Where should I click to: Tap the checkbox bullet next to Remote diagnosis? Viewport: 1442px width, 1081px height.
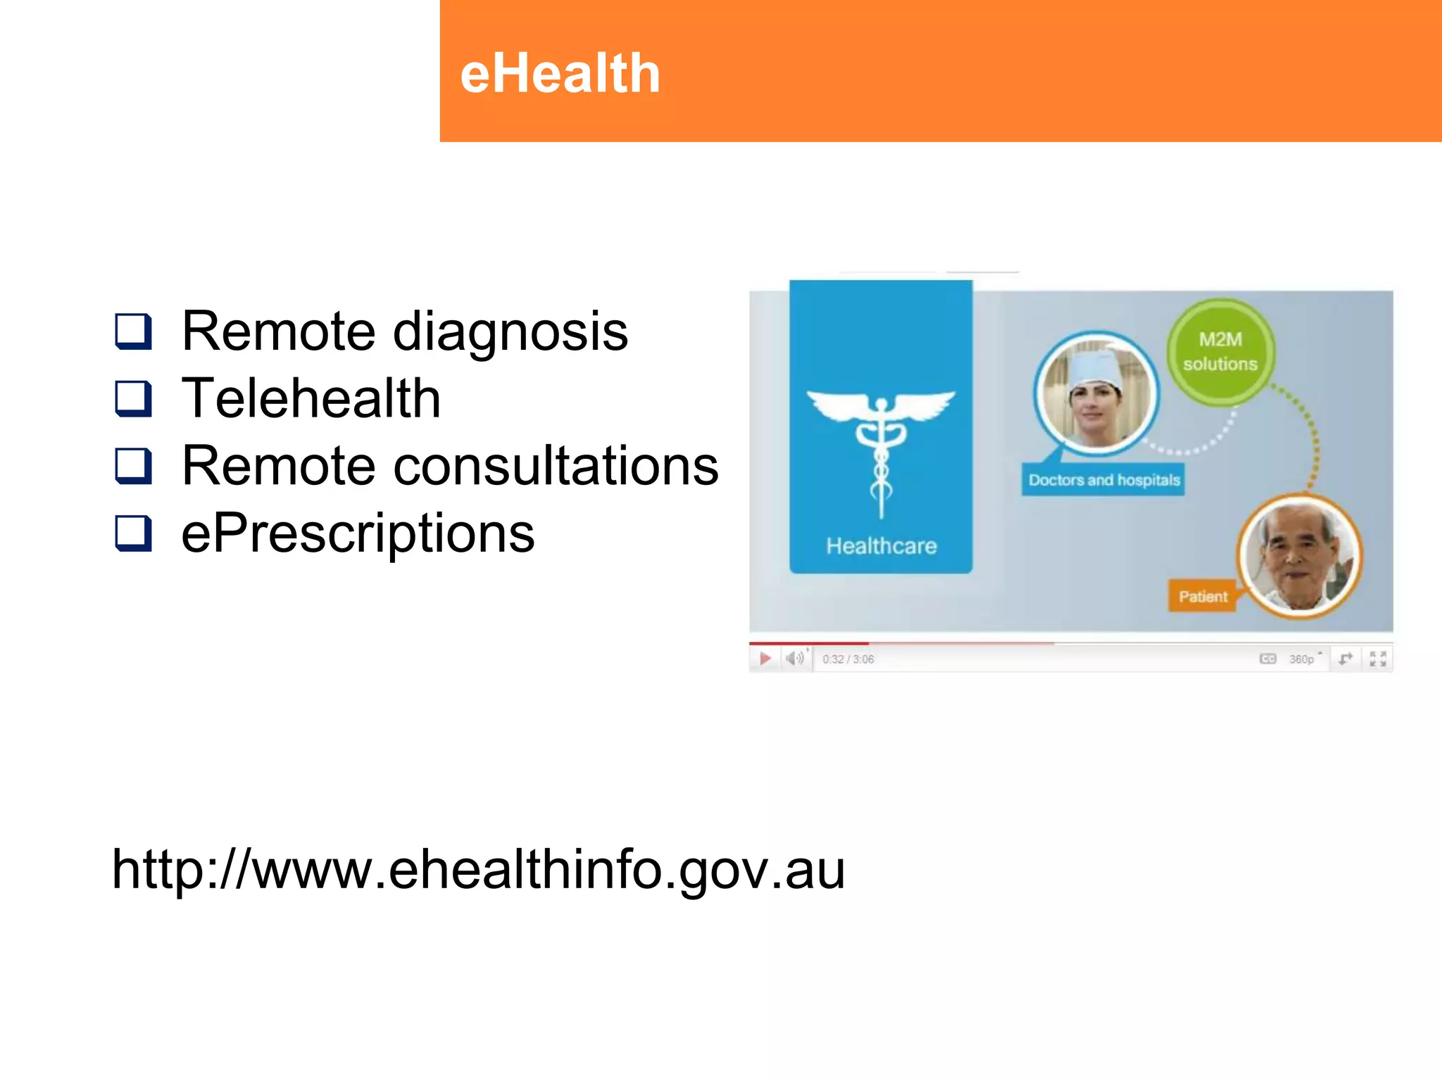pyautogui.click(x=133, y=331)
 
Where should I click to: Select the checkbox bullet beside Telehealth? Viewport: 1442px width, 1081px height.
pyautogui.click(x=133, y=398)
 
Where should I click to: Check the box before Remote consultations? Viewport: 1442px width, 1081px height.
pyautogui.click(x=133, y=466)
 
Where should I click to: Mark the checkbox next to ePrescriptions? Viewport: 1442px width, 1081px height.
pyautogui.click(x=133, y=533)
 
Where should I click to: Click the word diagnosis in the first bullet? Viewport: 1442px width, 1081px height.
pyautogui.click(x=510, y=331)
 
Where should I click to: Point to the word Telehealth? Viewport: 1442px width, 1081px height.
pyautogui.click(x=311, y=398)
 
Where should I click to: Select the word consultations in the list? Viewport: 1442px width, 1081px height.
pyautogui.click(x=556, y=466)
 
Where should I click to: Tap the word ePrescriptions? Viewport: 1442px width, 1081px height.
pyautogui.click(x=358, y=533)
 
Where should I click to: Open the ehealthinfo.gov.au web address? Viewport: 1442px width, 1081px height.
pyautogui.click(x=478, y=870)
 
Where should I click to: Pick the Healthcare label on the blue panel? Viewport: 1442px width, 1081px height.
pyautogui.click(x=881, y=546)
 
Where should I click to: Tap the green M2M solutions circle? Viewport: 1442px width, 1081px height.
pyautogui.click(x=1220, y=352)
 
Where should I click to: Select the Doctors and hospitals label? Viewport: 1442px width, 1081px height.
pyautogui.click(x=1103, y=480)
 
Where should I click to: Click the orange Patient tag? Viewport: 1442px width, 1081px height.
pyautogui.click(x=1203, y=597)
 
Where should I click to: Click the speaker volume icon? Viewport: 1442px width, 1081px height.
pyautogui.click(x=795, y=659)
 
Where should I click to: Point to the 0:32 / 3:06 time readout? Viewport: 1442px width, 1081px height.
pyautogui.click(x=848, y=659)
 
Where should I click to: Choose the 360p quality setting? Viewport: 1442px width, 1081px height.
pyautogui.click(x=1302, y=659)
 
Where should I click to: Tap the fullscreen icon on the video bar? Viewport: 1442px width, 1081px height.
pyautogui.click(x=1378, y=659)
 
